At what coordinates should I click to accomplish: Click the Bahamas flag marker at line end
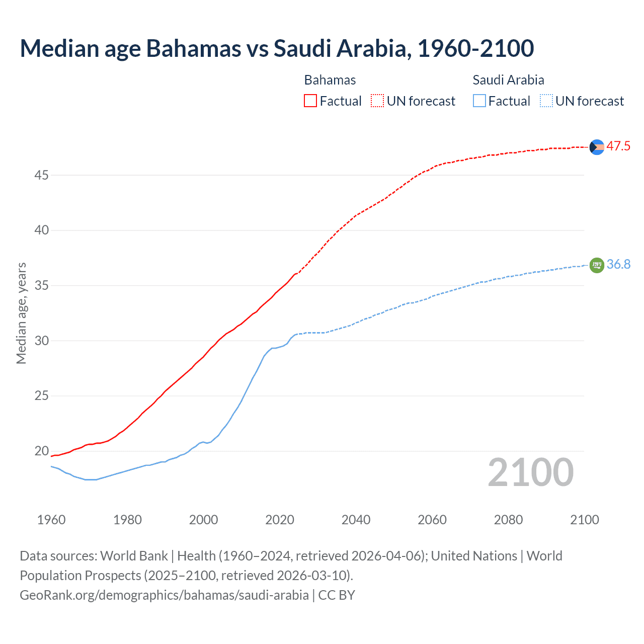pyautogui.click(x=597, y=147)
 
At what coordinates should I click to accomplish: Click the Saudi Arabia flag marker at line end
pyautogui.click(x=597, y=265)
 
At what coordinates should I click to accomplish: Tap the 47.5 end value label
pyautogui.click(x=618, y=146)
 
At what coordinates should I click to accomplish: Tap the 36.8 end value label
pyautogui.click(x=618, y=265)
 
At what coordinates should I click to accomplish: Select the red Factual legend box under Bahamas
pyautogui.click(x=310, y=101)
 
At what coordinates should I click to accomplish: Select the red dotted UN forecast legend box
pyautogui.click(x=377, y=101)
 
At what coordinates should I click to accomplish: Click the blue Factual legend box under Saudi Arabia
pyautogui.click(x=479, y=101)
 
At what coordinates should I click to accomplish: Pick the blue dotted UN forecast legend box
pyautogui.click(x=546, y=101)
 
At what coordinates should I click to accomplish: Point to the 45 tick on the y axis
pyautogui.click(x=41, y=176)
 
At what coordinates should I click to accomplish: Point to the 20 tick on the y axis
pyautogui.click(x=41, y=451)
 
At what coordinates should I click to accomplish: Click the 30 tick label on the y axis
pyautogui.click(x=41, y=341)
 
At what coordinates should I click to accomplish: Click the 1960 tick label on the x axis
pyautogui.click(x=51, y=520)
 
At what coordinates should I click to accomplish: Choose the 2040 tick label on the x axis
pyautogui.click(x=356, y=520)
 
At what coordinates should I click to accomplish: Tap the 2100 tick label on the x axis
pyautogui.click(x=584, y=520)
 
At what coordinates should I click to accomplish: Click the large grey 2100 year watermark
pyautogui.click(x=530, y=472)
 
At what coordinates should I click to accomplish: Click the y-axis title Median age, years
pyautogui.click(x=21, y=313)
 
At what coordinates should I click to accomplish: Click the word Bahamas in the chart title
pyautogui.click(x=194, y=48)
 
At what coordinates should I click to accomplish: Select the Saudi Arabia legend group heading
pyautogui.click(x=508, y=80)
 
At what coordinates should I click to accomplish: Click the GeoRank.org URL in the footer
pyautogui.click(x=164, y=595)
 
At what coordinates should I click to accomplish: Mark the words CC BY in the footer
pyautogui.click(x=337, y=595)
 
